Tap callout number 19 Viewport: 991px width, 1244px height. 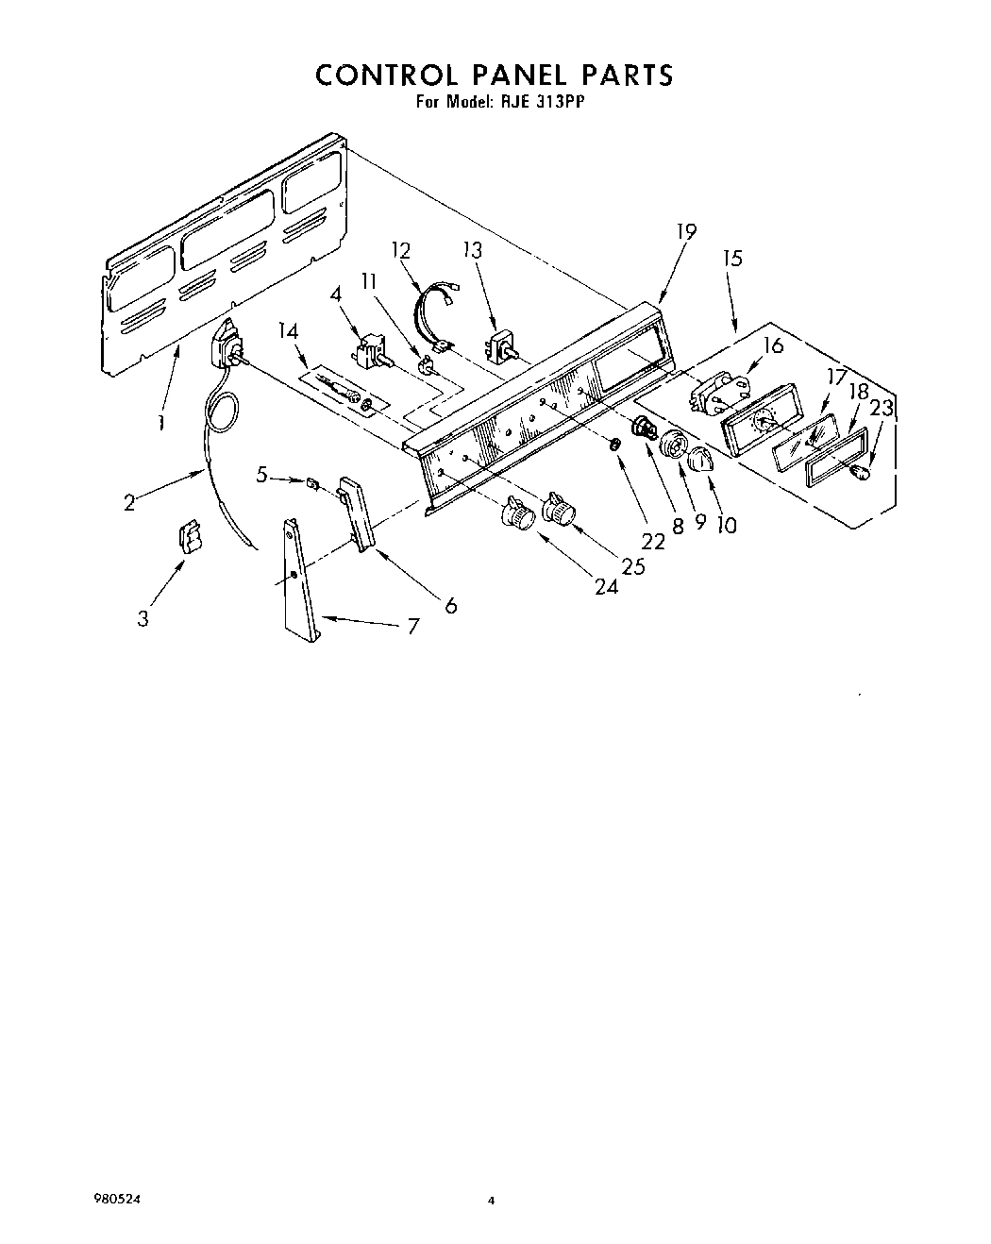pyautogui.click(x=686, y=231)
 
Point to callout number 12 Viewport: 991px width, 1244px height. pyautogui.click(x=401, y=250)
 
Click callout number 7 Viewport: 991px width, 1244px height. pyautogui.click(x=412, y=625)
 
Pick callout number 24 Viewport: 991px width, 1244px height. pyautogui.click(x=606, y=586)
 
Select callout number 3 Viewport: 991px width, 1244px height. pyautogui.click(x=143, y=619)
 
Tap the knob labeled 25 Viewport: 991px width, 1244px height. pyautogui.click(x=559, y=510)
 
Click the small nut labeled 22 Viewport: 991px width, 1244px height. pyautogui.click(x=614, y=444)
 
